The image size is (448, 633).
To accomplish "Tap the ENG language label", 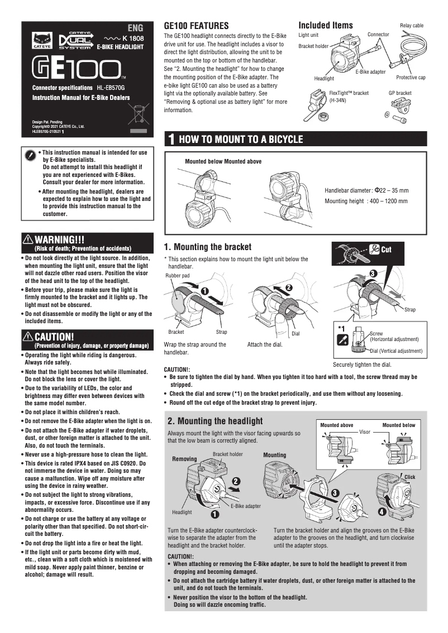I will [x=135, y=27].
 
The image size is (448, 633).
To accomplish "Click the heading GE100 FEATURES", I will [x=196, y=26].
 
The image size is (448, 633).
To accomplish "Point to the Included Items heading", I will [x=326, y=25].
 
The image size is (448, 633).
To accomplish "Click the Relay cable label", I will [x=412, y=26].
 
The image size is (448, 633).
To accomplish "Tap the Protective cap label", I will [x=411, y=78].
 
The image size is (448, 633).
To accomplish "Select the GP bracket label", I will [x=400, y=93].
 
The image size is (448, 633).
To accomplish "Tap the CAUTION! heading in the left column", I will [x=54, y=337].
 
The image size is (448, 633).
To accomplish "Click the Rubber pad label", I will [x=178, y=276].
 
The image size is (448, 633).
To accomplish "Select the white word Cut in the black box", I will [x=386, y=250].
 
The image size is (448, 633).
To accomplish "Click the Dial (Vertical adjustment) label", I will [x=397, y=351].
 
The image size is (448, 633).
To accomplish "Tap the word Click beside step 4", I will [x=410, y=477].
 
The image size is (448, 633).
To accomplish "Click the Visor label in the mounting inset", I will [x=365, y=432].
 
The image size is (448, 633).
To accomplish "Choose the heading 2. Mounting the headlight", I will [x=215, y=421].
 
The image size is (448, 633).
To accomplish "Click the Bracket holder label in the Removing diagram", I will [x=228, y=454].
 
